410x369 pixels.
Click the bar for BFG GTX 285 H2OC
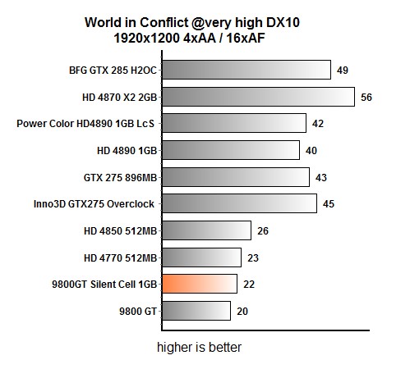[246, 71]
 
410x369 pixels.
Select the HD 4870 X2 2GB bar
[258, 97]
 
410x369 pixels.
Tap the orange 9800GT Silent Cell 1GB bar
[200, 284]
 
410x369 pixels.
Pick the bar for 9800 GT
[196, 311]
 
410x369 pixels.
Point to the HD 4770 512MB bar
[201, 257]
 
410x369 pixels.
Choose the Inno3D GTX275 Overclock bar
[239, 203]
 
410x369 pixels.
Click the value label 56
[366, 97]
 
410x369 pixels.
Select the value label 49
[343, 71]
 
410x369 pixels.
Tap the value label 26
[263, 230]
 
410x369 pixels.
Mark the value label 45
[329, 203]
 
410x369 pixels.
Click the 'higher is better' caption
[200, 347]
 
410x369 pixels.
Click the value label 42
[318, 124]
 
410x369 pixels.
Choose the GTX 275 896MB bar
[236, 177]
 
